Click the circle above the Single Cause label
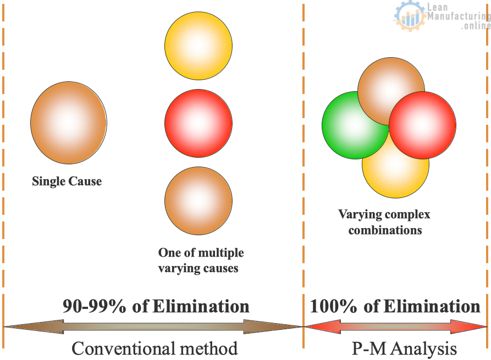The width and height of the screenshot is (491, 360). pos(69,123)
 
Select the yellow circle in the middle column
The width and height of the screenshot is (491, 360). pos(198,46)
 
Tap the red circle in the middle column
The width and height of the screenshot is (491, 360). pos(198,123)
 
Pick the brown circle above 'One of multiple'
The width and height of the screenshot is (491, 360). pos(198,201)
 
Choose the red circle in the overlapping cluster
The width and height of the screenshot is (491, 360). pos(422,125)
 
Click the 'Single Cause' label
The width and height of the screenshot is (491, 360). pos(67,181)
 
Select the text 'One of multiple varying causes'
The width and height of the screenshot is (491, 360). pos(201,261)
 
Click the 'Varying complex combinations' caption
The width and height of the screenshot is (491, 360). pos(384,222)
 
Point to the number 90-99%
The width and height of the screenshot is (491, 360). pos(94,306)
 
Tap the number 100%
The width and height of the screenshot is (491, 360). pos(333,306)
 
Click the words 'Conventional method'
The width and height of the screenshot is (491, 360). pos(155,348)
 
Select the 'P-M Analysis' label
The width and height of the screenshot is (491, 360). pos(404,348)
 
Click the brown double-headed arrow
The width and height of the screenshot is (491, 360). pos(153,327)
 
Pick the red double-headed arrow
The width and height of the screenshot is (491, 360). pos(395,327)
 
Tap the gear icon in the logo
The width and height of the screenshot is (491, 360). pos(410,15)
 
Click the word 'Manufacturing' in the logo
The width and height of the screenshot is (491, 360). pos(459,15)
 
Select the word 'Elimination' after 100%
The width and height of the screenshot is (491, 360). pos(432,306)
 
